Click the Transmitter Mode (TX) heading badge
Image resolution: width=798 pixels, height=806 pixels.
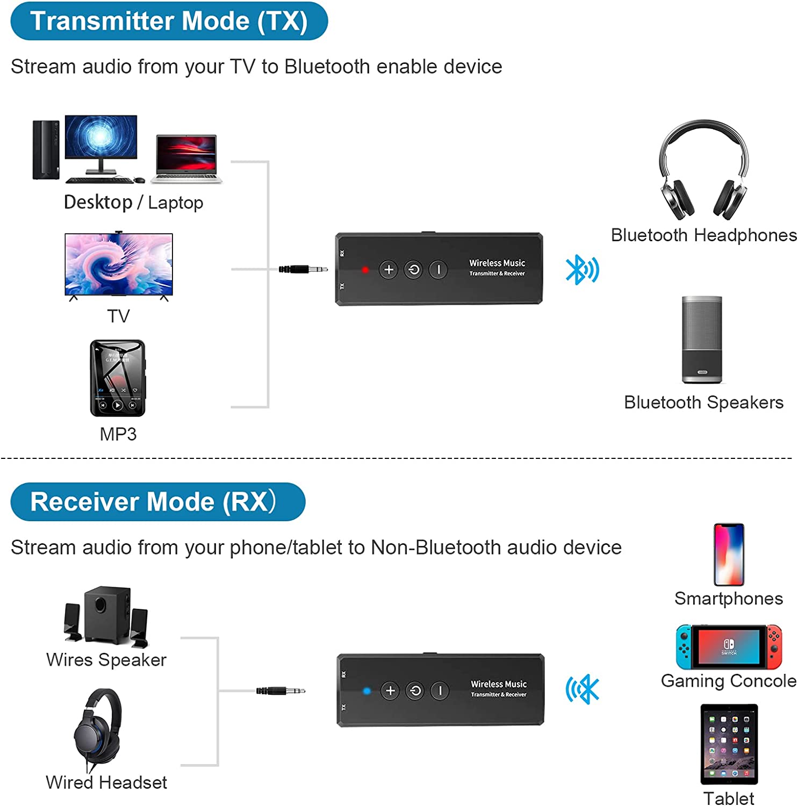(x=169, y=21)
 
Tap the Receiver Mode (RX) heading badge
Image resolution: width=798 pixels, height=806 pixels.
(x=157, y=502)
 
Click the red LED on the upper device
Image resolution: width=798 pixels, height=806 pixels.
(x=365, y=270)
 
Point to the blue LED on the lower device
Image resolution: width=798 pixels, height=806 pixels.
(x=367, y=691)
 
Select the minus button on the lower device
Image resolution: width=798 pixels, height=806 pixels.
(x=440, y=691)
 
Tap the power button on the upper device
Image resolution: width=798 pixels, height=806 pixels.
(x=414, y=270)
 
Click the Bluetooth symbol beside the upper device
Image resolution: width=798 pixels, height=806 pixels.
(x=581, y=270)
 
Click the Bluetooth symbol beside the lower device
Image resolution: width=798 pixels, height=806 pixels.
(x=583, y=689)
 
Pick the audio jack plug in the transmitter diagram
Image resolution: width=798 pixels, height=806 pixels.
(x=303, y=269)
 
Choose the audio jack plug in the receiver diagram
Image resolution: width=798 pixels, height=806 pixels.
(x=281, y=690)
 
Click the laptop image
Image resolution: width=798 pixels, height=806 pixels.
(x=186, y=159)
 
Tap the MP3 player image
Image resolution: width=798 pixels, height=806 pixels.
(x=118, y=378)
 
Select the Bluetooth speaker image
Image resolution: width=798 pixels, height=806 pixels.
(x=702, y=340)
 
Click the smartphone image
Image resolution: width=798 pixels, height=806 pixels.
(x=729, y=555)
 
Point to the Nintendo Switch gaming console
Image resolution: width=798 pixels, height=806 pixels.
(x=729, y=646)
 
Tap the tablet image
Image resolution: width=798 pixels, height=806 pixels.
(x=729, y=744)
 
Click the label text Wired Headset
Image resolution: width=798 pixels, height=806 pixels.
(x=106, y=782)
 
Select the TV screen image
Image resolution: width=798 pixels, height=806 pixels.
(x=119, y=264)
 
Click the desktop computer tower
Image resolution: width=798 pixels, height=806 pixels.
(x=46, y=149)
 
